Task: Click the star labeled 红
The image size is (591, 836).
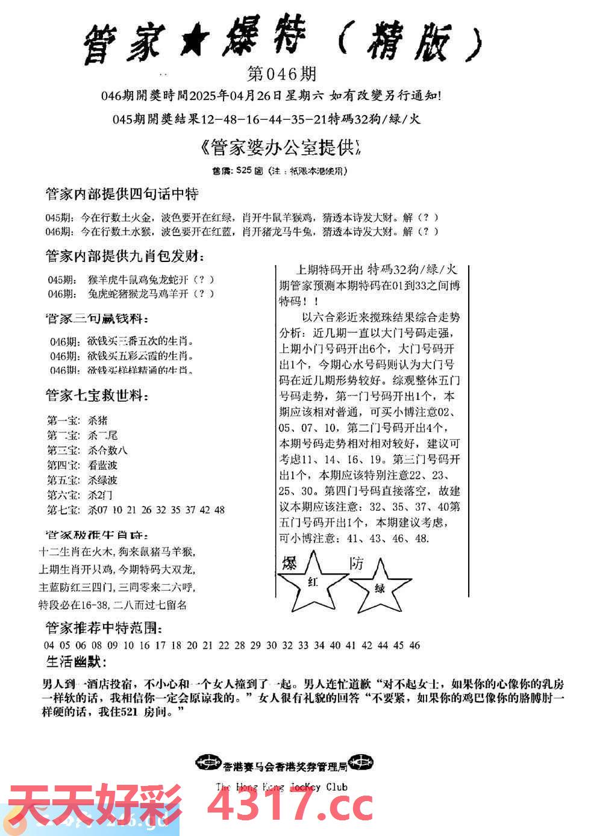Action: pyautogui.click(x=313, y=582)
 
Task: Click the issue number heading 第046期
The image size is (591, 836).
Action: pyautogui.click(x=281, y=74)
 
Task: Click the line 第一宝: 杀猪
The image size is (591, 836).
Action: pyautogui.click(x=77, y=420)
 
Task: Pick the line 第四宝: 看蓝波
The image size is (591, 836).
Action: pyautogui.click(x=82, y=465)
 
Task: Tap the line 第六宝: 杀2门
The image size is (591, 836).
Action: pyautogui.click(x=80, y=495)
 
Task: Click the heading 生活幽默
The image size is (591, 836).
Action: pyautogui.click(x=76, y=662)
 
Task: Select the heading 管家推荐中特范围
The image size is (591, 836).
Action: pyautogui.click(x=104, y=629)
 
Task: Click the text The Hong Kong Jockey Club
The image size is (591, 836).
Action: pyautogui.click(x=281, y=786)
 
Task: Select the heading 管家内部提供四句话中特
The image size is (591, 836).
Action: pyautogui.click(x=122, y=194)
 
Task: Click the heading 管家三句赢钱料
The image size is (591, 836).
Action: pyautogui.click(x=96, y=319)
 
